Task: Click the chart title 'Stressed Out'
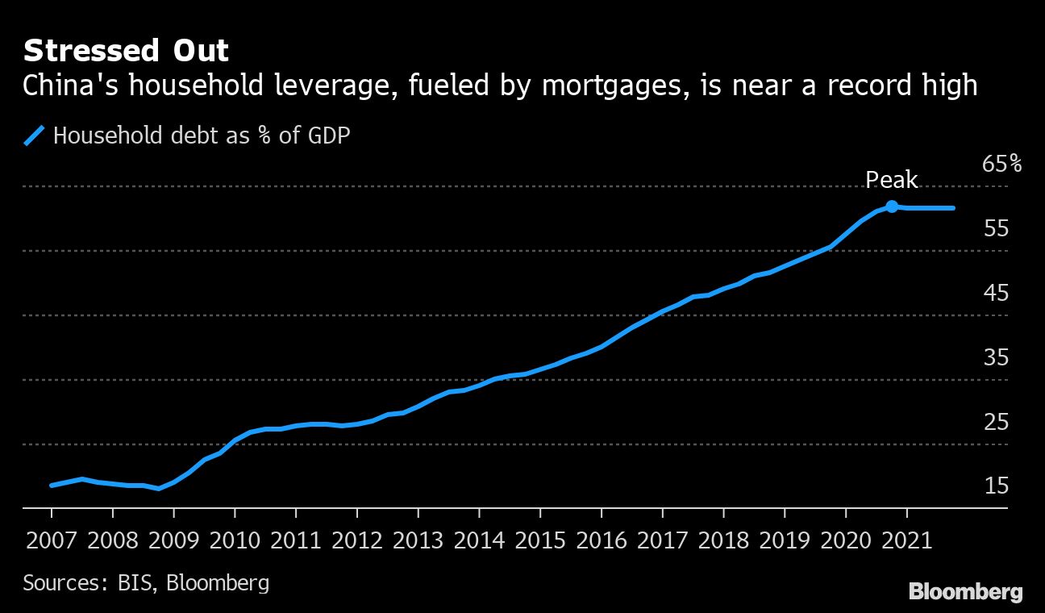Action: click(126, 52)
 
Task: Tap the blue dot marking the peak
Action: click(892, 206)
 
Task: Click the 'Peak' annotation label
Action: click(892, 180)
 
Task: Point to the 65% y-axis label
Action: click(1002, 165)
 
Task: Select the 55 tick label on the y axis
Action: click(996, 229)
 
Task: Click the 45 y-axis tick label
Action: click(996, 294)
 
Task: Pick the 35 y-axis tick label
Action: click(996, 358)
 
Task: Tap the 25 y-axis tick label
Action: click(996, 422)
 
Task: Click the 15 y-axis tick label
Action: click(996, 486)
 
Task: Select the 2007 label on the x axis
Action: click(52, 540)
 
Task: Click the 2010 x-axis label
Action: click(235, 540)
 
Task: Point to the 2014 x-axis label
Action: click(479, 540)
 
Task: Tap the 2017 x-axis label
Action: click(663, 540)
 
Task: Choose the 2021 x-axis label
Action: click(907, 540)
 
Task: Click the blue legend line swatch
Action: click(34, 136)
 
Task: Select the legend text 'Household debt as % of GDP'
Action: click(202, 136)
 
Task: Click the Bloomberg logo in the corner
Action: click(966, 592)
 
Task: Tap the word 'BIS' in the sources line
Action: click(135, 582)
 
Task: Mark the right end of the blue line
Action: click(954, 208)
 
